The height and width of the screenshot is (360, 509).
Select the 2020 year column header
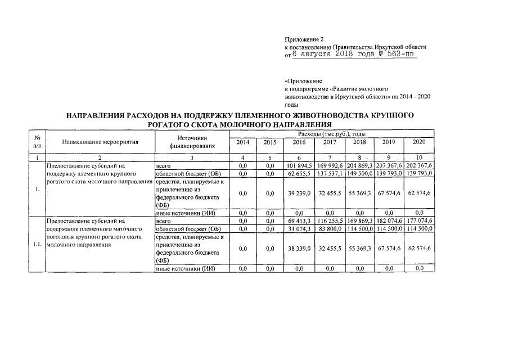419,142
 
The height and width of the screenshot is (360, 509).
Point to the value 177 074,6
420,222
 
